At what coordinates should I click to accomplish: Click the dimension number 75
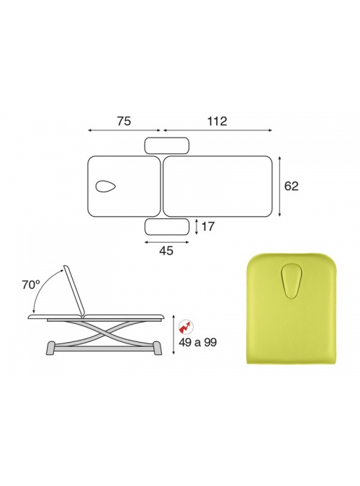click(x=124, y=121)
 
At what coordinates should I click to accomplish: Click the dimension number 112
click(x=217, y=121)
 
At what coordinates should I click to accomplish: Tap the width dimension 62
click(x=291, y=186)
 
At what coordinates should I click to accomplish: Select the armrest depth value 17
click(x=208, y=227)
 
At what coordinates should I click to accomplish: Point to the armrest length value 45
click(x=166, y=251)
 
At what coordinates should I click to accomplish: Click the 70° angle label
click(x=30, y=285)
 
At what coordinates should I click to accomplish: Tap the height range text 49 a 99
click(x=197, y=343)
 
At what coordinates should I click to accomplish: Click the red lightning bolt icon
click(x=186, y=327)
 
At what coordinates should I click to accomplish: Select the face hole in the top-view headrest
click(x=106, y=186)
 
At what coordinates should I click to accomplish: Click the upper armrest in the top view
click(x=167, y=145)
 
